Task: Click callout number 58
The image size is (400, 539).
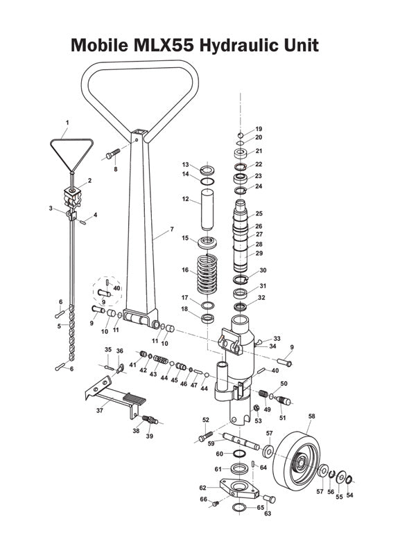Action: [x=311, y=416]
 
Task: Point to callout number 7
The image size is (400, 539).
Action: [x=171, y=229]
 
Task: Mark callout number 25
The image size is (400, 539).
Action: [x=259, y=213]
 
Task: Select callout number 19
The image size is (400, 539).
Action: [x=259, y=129]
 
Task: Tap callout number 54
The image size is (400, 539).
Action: [x=349, y=495]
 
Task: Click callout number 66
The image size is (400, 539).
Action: [x=204, y=499]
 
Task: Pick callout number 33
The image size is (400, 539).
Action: [x=277, y=339]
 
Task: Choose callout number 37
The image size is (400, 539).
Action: [x=100, y=410]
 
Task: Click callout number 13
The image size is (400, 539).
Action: [x=186, y=164]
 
